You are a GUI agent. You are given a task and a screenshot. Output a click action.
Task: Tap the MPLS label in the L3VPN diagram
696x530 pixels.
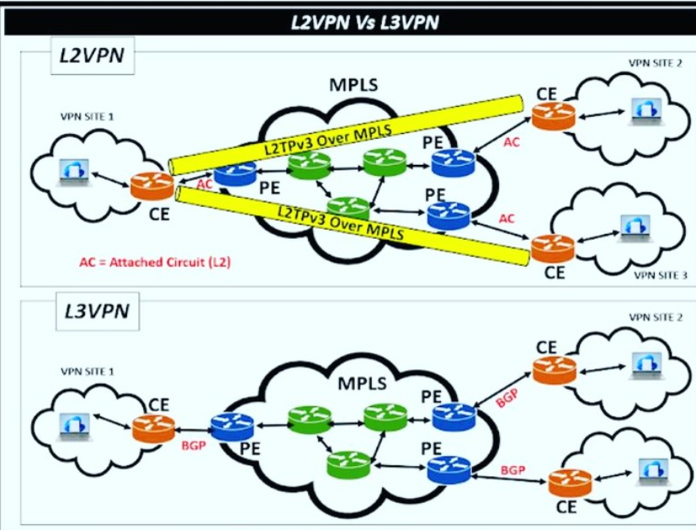(x=362, y=384)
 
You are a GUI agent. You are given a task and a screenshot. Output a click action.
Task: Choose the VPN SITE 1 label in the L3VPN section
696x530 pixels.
(x=88, y=370)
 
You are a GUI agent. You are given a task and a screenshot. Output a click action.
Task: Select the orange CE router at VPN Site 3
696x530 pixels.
(x=553, y=247)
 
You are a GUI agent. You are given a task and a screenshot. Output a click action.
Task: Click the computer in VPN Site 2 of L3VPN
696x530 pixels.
(x=646, y=361)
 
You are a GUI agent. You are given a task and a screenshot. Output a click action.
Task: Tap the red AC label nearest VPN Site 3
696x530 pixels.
(x=506, y=218)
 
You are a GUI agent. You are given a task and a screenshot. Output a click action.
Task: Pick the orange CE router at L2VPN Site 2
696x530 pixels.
(x=552, y=115)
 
